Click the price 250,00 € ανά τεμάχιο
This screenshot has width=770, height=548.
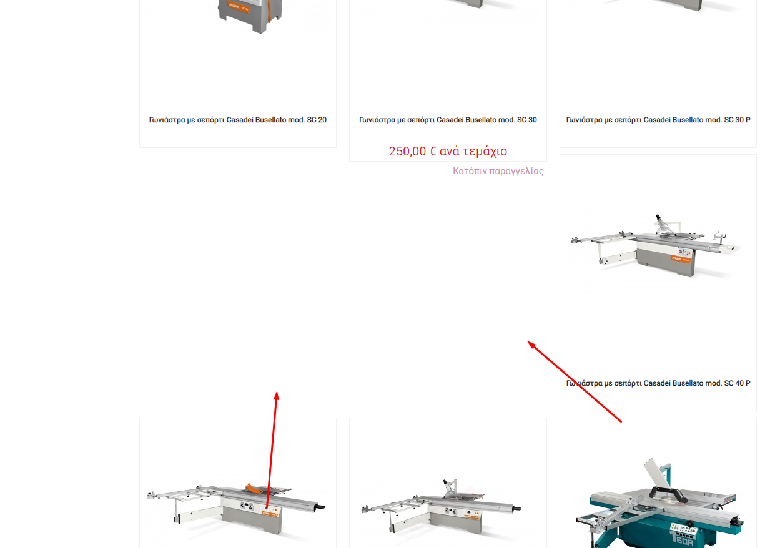click(448, 151)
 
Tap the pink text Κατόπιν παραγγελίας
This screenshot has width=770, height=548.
click(498, 171)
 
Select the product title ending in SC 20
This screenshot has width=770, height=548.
click(237, 120)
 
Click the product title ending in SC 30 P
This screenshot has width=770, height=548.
click(658, 120)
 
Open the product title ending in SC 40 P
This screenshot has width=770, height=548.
click(658, 383)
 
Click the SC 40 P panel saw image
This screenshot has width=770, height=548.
click(656, 246)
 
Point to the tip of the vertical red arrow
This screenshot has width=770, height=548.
click(277, 391)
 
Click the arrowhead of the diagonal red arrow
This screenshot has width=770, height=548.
click(527, 341)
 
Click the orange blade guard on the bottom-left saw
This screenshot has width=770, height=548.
click(253, 488)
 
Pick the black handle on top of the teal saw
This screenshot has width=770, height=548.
click(667, 493)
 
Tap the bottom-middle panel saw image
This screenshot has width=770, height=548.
click(442, 507)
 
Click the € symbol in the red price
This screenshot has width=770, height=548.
click(432, 151)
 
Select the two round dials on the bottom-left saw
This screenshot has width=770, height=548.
click(247, 506)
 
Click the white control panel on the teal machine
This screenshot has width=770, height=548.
click(681, 527)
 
